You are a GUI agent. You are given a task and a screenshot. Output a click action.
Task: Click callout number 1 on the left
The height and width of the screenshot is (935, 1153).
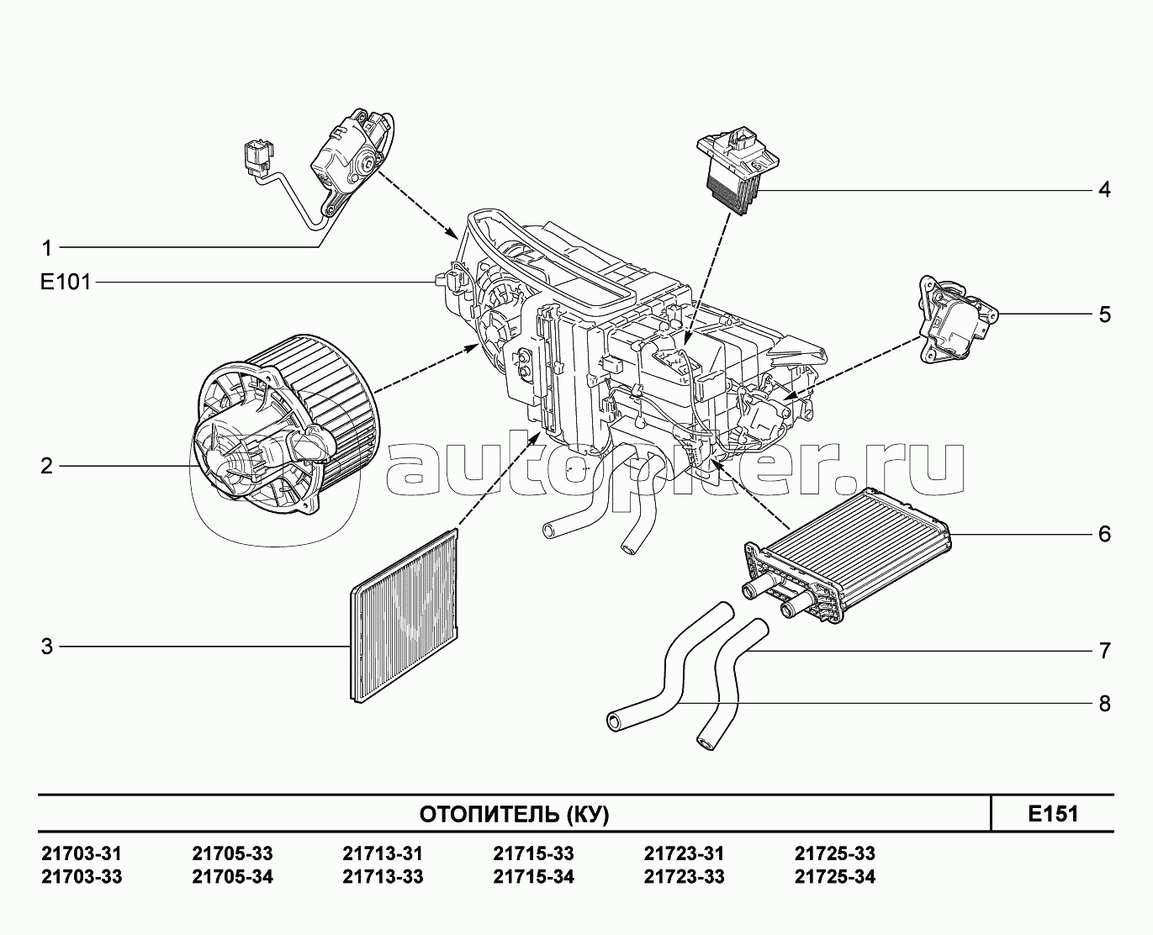click(47, 248)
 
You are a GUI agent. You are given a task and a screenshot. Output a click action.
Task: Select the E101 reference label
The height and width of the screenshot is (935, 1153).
click(66, 282)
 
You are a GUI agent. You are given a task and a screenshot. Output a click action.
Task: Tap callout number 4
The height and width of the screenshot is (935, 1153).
click(1105, 189)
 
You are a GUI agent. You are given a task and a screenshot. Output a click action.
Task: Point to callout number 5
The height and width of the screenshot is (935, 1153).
click(1105, 314)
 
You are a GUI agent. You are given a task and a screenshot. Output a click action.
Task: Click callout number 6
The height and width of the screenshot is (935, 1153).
click(1105, 534)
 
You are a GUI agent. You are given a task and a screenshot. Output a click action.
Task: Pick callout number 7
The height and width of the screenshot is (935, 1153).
click(1105, 651)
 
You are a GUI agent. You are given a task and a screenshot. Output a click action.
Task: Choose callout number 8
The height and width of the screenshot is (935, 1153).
click(1105, 704)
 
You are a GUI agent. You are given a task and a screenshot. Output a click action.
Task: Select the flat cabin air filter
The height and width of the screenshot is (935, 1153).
click(405, 615)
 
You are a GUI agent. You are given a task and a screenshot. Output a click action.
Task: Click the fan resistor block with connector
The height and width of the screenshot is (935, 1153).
click(738, 168)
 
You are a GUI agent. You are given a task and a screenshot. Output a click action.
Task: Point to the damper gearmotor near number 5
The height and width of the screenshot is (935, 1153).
click(958, 320)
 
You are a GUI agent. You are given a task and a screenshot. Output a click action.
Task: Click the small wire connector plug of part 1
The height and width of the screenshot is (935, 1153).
click(259, 159)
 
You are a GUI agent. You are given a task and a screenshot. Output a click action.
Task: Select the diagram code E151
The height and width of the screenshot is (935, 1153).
click(1054, 814)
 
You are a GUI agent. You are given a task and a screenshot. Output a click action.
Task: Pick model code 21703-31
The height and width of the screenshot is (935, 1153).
click(82, 853)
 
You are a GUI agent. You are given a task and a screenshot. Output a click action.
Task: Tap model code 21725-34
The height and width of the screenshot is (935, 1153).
click(835, 876)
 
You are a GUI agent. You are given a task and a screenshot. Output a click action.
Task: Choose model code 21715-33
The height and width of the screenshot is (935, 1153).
click(533, 853)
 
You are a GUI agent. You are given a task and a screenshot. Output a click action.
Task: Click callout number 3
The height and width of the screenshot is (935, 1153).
click(47, 647)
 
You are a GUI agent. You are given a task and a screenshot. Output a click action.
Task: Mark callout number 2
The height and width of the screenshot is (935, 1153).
click(47, 466)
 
